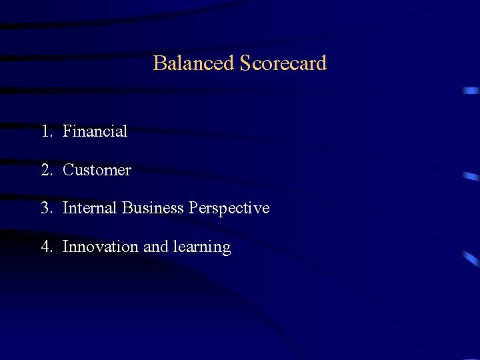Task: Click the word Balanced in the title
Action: [193, 63]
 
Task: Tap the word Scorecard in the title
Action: [283, 63]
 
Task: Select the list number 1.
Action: [45, 131]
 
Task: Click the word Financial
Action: [95, 131]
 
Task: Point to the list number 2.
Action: [45, 170]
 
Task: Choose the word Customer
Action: [97, 170]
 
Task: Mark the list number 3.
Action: [45, 208]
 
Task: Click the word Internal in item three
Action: [90, 208]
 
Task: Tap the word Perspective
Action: [229, 209]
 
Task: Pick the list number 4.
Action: [45, 247]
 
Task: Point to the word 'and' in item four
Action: [156, 247]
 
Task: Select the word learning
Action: [201, 247]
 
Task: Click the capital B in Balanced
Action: [159, 63]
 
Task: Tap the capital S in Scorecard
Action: [245, 63]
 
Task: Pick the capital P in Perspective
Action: [193, 208]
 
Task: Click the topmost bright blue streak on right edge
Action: [471, 90]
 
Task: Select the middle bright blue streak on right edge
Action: [471, 177]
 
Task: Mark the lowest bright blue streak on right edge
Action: [471, 259]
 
